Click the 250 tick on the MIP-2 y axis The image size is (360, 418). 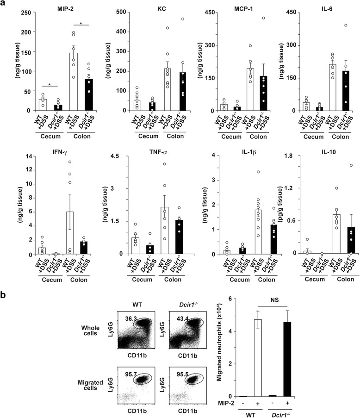point(20,12)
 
